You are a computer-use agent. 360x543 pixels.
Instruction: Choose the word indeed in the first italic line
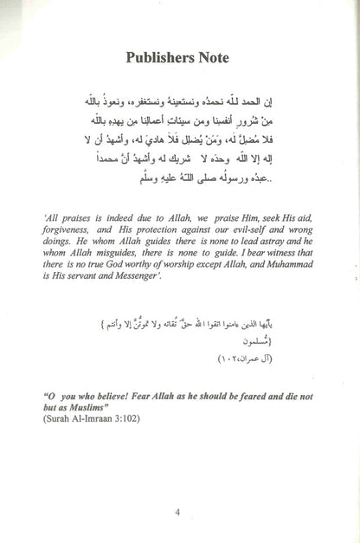point(118,243)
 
